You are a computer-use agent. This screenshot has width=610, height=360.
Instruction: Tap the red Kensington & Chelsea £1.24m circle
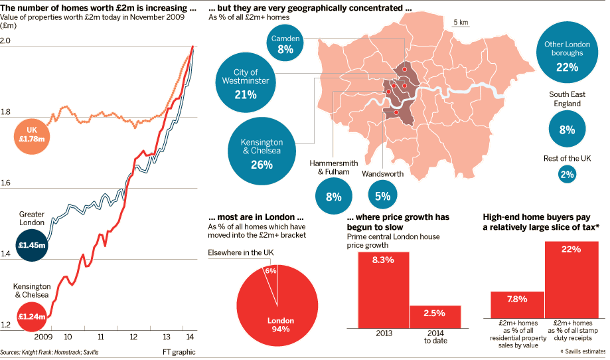pyautogui.click(x=32, y=316)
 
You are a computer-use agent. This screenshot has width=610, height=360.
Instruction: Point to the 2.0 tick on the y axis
pyautogui.click(x=6, y=41)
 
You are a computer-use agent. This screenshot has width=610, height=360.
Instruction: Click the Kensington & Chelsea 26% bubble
pyautogui.click(x=262, y=153)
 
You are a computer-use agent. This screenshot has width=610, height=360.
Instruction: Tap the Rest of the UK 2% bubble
pyautogui.click(x=567, y=175)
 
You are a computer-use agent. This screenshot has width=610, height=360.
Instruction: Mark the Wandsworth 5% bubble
pyautogui.click(x=382, y=195)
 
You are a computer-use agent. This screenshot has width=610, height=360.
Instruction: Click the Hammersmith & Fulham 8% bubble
pyautogui.click(x=333, y=196)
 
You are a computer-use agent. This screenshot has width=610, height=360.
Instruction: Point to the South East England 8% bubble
pyautogui.click(x=567, y=130)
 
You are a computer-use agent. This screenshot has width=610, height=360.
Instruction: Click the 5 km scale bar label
pyautogui.click(x=461, y=23)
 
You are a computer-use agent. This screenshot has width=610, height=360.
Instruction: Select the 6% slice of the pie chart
pyautogui.click(x=270, y=274)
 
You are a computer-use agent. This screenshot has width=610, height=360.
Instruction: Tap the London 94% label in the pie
pyautogui.click(x=280, y=325)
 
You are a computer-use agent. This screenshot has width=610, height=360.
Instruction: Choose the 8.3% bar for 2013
pyautogui.click(x=383, y=290)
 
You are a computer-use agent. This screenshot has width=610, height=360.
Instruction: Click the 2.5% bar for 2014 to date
pyautogui.click(x=435, y=316)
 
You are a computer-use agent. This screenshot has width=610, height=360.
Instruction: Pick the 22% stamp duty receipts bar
pyautogui.click(x=571, y=279)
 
